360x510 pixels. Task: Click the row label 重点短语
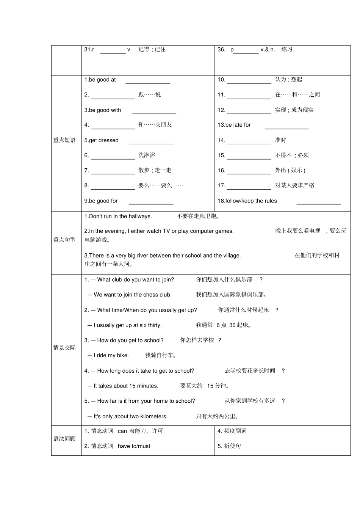click(x=64, y=140)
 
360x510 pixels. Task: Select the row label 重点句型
click(x=64, y=240)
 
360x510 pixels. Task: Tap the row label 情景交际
click(x=64, y=348)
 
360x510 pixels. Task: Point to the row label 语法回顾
click(x=64, y=439)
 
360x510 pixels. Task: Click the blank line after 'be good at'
click(x=148, y=82)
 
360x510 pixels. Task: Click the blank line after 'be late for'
click(x=287, y=127)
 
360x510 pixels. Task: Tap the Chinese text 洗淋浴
click(x=147, y=155)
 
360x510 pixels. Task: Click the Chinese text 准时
click(x=280, y=140)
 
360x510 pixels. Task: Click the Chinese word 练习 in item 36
click(x=287, y=49)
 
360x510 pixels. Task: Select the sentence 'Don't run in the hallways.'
click(x=120, y=216)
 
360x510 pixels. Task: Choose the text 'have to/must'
click(x=134, y=446)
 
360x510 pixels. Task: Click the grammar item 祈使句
click(x=232, y=446)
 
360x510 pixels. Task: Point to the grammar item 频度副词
click(x=235, y=431)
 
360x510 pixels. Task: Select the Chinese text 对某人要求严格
click(x=294, y=185)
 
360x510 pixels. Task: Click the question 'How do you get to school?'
click(x=130, y=340)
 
